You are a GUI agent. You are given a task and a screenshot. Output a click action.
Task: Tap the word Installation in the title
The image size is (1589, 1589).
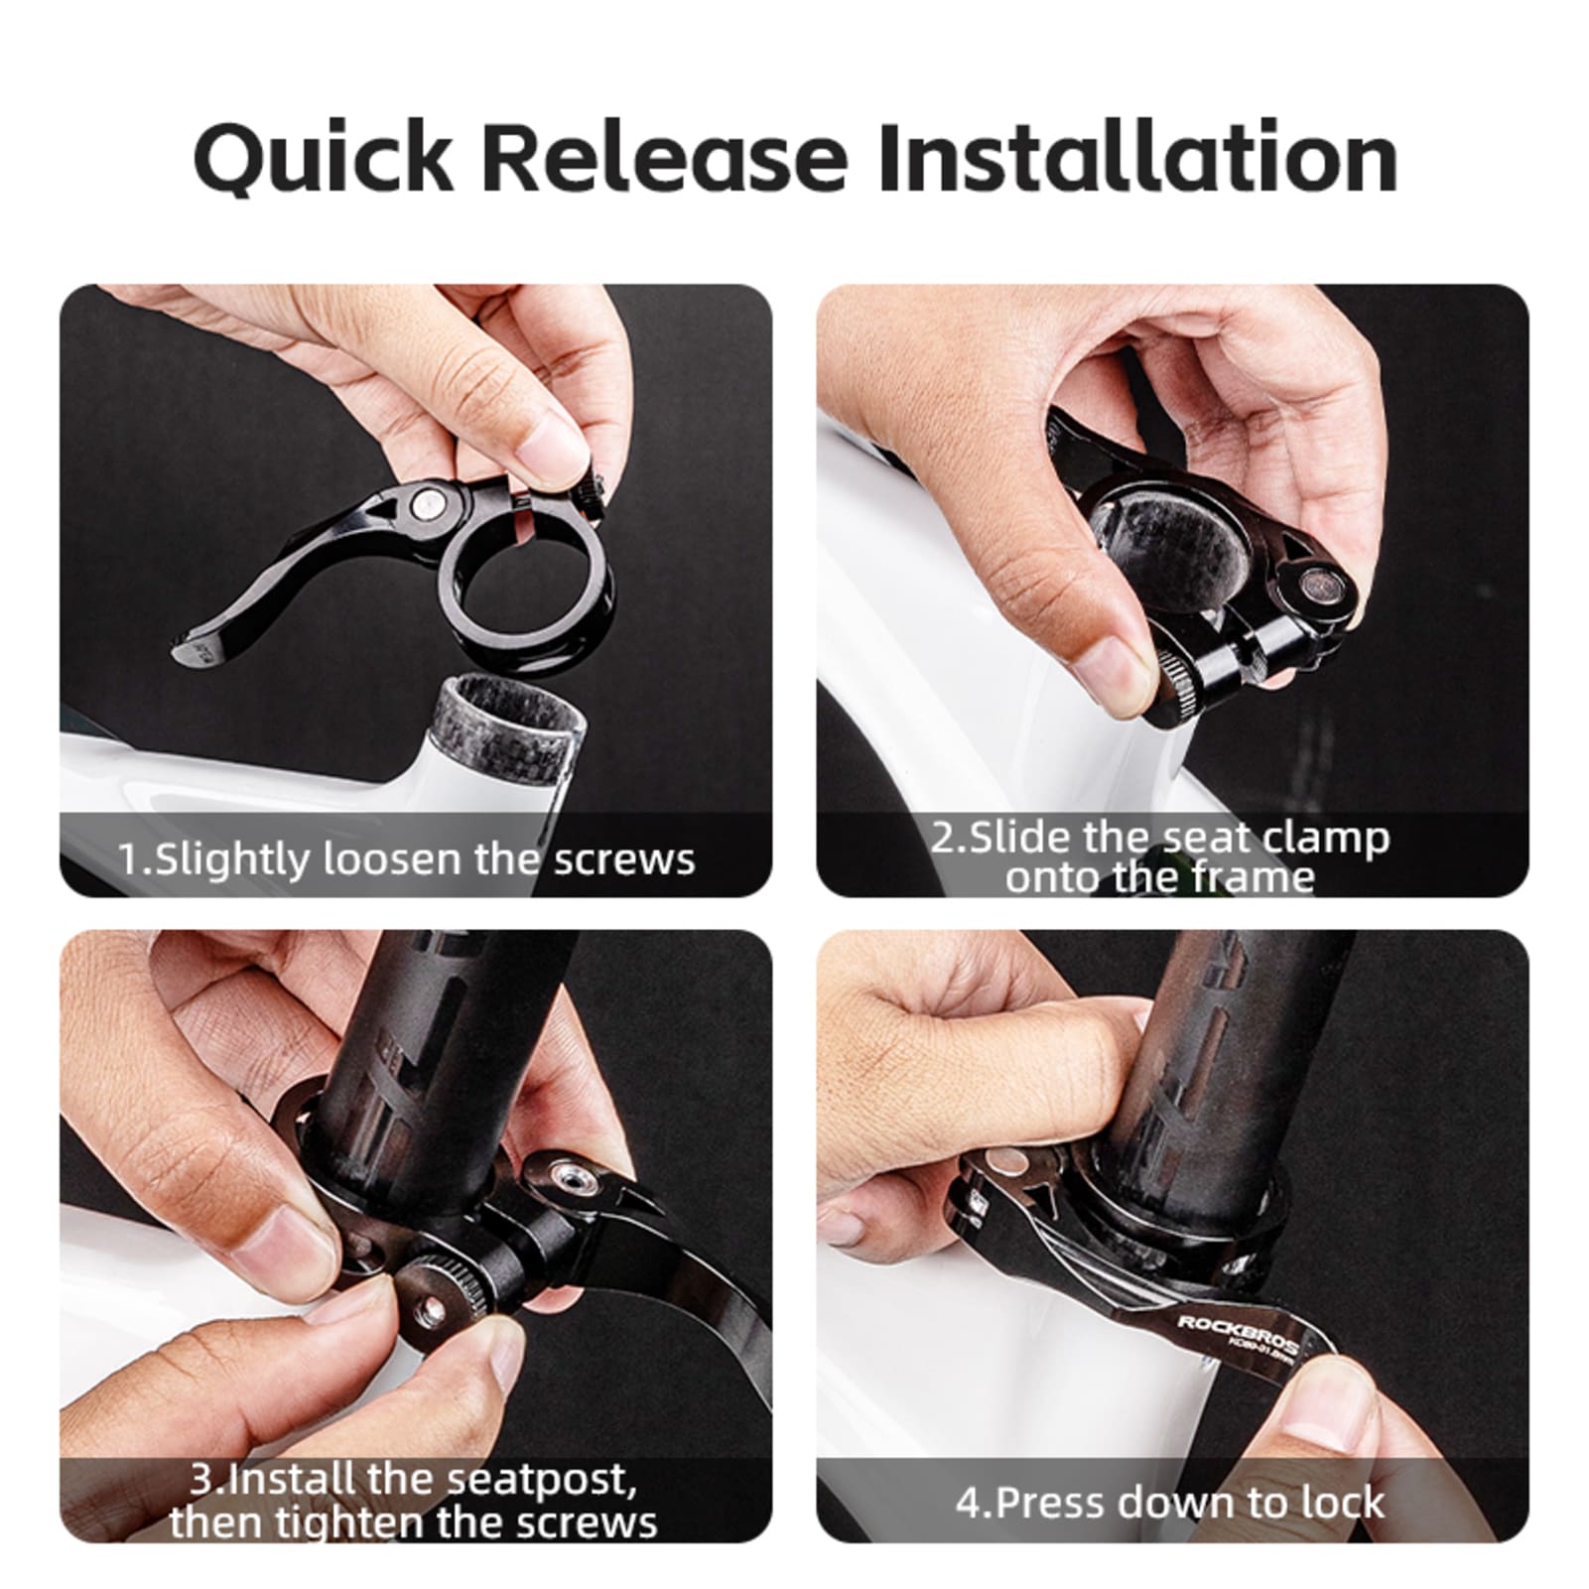(1137, 157)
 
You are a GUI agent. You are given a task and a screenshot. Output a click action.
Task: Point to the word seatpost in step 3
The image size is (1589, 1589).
(538, 1480)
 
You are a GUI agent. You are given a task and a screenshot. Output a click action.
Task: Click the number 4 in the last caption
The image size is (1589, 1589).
(967, 1503)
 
